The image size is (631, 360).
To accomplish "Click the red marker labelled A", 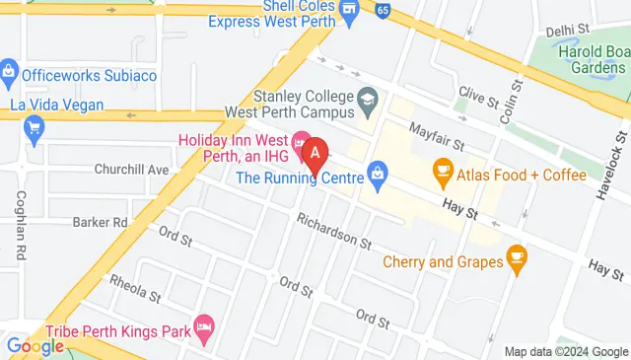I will coord(315,155).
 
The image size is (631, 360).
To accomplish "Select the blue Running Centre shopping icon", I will coord(377,175).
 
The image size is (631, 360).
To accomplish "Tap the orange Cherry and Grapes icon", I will coord(516,258).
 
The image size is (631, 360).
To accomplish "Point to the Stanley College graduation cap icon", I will coord(369,97).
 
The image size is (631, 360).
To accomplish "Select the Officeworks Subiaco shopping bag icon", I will coord(8,71).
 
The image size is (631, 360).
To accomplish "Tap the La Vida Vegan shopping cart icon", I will coord(35,125).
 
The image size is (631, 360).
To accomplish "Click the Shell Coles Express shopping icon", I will coord(347,12).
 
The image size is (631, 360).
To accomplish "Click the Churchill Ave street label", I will coord(132,169).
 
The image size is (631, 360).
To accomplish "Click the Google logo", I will coord(35,346).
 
